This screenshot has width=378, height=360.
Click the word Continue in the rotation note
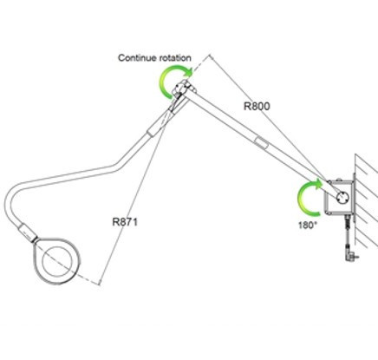click(137, 58)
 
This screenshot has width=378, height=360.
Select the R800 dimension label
click(257, 106)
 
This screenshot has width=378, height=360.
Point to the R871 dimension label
click(125, 222)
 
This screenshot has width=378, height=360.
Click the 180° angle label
click(308, 225)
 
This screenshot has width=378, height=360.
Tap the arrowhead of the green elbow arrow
click(188, 71)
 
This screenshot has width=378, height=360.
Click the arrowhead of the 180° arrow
click(318, 184)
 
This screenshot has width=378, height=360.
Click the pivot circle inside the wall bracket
click(342, 198)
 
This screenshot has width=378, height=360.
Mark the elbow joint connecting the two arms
click(183, 88)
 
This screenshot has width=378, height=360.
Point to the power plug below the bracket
click(350, 256)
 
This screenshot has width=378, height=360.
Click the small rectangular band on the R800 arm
click(261, 143)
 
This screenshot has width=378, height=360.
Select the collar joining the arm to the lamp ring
click(28, 232)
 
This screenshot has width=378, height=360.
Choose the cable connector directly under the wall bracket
click(347, 222)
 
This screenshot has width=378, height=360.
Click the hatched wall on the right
click(366, 202)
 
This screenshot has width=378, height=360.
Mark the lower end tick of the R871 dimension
click(100, 283)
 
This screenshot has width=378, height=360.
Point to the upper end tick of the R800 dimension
click(211, 56)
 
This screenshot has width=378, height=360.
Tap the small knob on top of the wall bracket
click(340, 180)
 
